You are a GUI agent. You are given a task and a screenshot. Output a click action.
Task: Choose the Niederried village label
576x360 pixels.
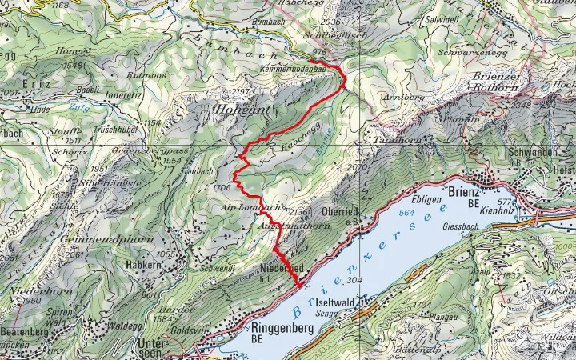(282, 267)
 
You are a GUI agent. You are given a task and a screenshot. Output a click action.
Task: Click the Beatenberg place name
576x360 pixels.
(26, 330)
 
